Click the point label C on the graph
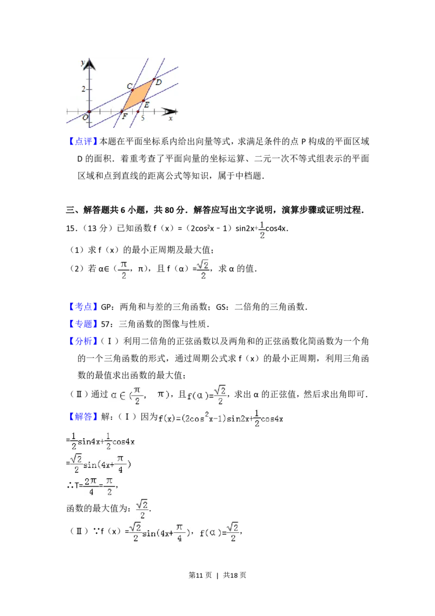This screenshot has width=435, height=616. click(129, 87)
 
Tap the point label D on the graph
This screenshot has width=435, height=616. click(159, 82)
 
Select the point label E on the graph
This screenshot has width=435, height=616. click(147, 104)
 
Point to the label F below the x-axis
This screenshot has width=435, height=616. click(125, 117)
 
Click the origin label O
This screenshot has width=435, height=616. click(85, 117)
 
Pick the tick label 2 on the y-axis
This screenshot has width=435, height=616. click(84, 89)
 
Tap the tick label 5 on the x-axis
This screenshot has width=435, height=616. click(142, 118)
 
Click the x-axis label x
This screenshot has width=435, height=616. click(171, 118)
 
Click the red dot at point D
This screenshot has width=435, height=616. click(154, 79)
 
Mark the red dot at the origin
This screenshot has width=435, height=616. click(89, 112)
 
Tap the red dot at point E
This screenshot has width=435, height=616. click(143, 101)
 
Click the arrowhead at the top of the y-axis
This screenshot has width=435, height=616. click(89, 64)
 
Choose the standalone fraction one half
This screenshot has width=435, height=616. click(263, 229)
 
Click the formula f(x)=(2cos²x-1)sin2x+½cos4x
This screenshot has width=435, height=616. click(221, 418)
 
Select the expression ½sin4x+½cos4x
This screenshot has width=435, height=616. click(104, 441)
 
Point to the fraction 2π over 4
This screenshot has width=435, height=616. click(89, 485)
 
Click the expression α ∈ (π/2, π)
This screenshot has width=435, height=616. click(139, 396)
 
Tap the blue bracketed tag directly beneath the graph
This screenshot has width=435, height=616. click(84, 142)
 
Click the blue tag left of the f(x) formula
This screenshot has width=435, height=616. click(84, 417)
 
